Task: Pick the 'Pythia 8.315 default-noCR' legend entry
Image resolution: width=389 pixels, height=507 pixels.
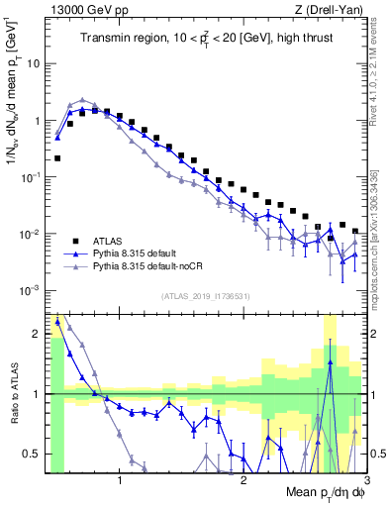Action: pos(154,267)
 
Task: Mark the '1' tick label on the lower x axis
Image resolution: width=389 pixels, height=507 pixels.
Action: pos(120,481)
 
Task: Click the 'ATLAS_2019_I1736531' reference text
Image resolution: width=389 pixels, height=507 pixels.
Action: pos(206,297)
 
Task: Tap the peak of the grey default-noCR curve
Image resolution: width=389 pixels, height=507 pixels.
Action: pos(82,100)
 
